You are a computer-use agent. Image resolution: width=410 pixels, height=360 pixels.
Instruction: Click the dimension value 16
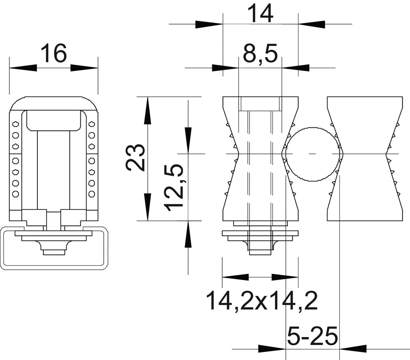coord(54,53)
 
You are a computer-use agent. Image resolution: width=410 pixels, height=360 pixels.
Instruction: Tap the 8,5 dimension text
coord(260,54)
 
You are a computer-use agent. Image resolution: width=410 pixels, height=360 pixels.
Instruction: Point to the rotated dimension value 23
coord(135,158)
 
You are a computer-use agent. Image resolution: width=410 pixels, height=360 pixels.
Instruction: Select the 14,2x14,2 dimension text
coord(262,301)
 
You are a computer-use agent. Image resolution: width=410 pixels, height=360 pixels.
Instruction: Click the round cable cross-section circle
coord(314,154)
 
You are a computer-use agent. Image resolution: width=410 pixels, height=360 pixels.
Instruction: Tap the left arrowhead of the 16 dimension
coord(23,68)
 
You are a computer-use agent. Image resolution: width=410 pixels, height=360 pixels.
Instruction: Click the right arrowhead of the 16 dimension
coord(84,68)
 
